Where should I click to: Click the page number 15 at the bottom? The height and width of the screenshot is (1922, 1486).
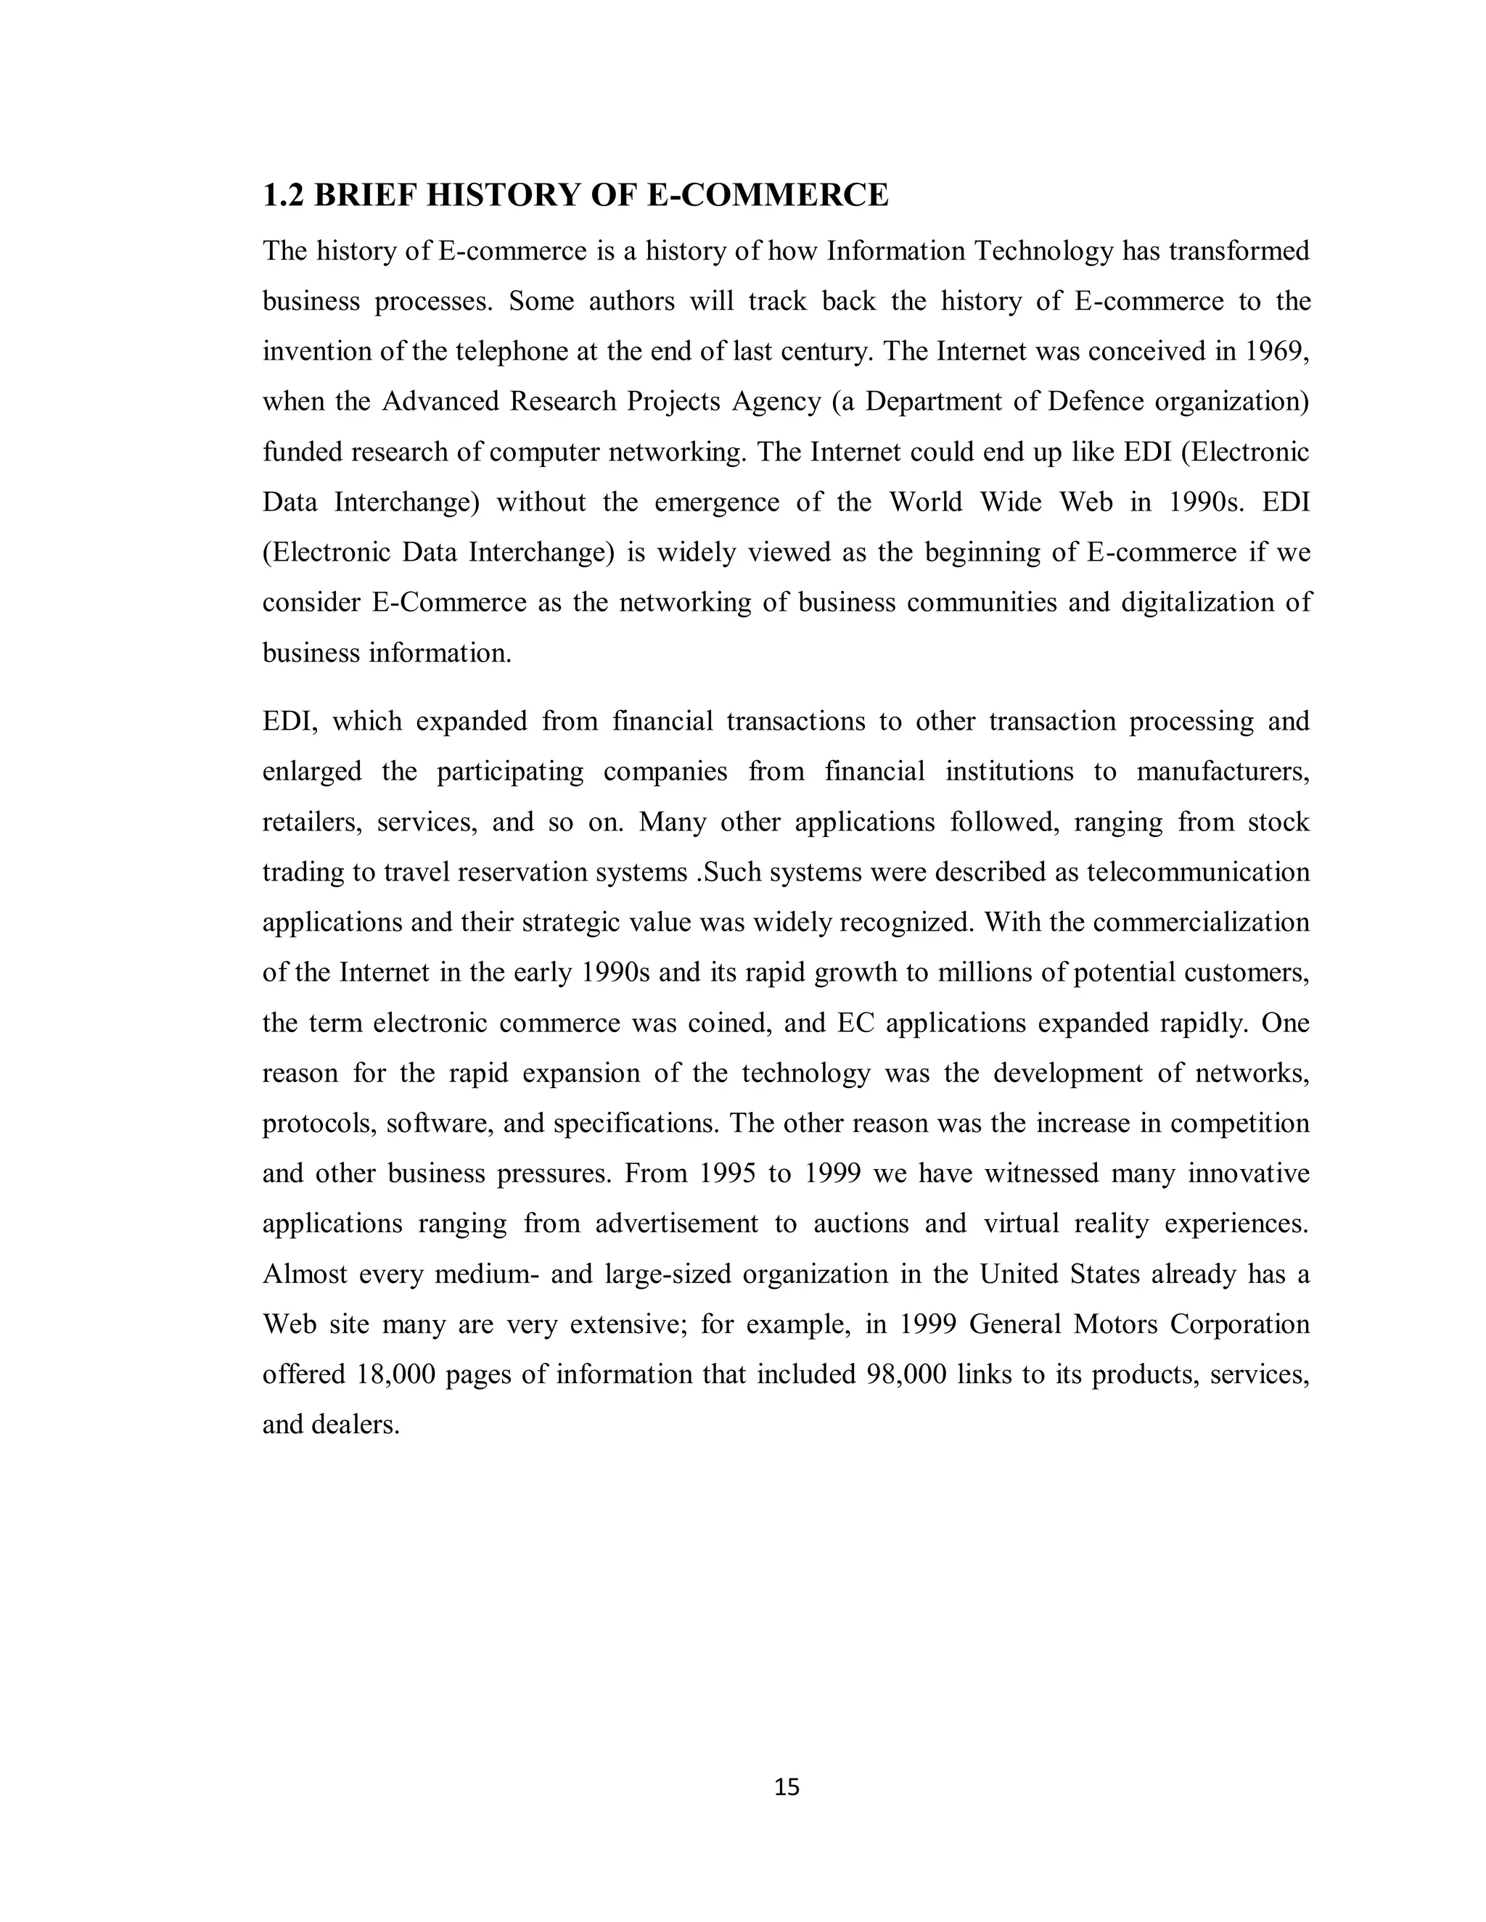point(786,1786)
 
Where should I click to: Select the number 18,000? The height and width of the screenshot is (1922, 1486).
point(396,1374)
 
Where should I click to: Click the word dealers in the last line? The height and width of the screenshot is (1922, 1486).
point(356,1424)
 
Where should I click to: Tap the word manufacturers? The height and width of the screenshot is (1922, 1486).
point(1223,772)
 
